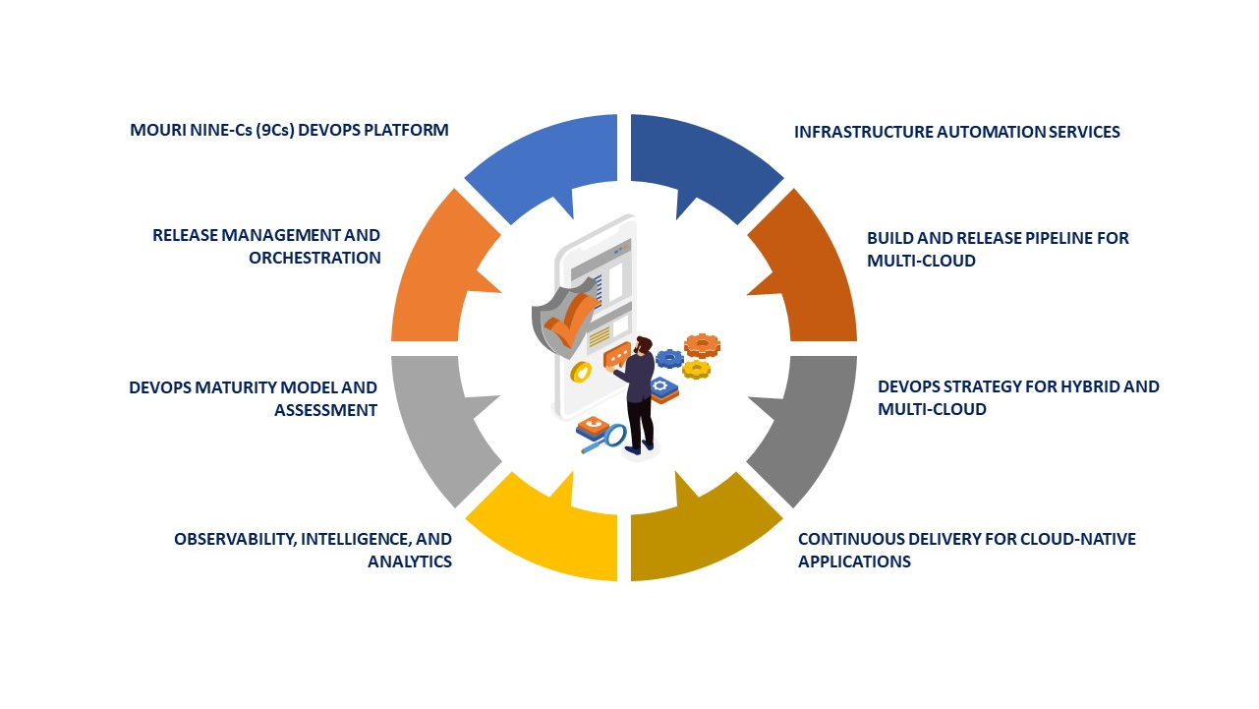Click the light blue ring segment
541,162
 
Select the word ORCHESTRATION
315,258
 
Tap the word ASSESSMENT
326,411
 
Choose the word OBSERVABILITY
235,539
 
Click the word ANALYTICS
410,561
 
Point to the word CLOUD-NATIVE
1080,539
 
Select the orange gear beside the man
703,344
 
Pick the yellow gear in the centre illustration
696,369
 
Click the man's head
643,345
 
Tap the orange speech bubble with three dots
617,354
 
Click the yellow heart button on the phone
580,373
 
